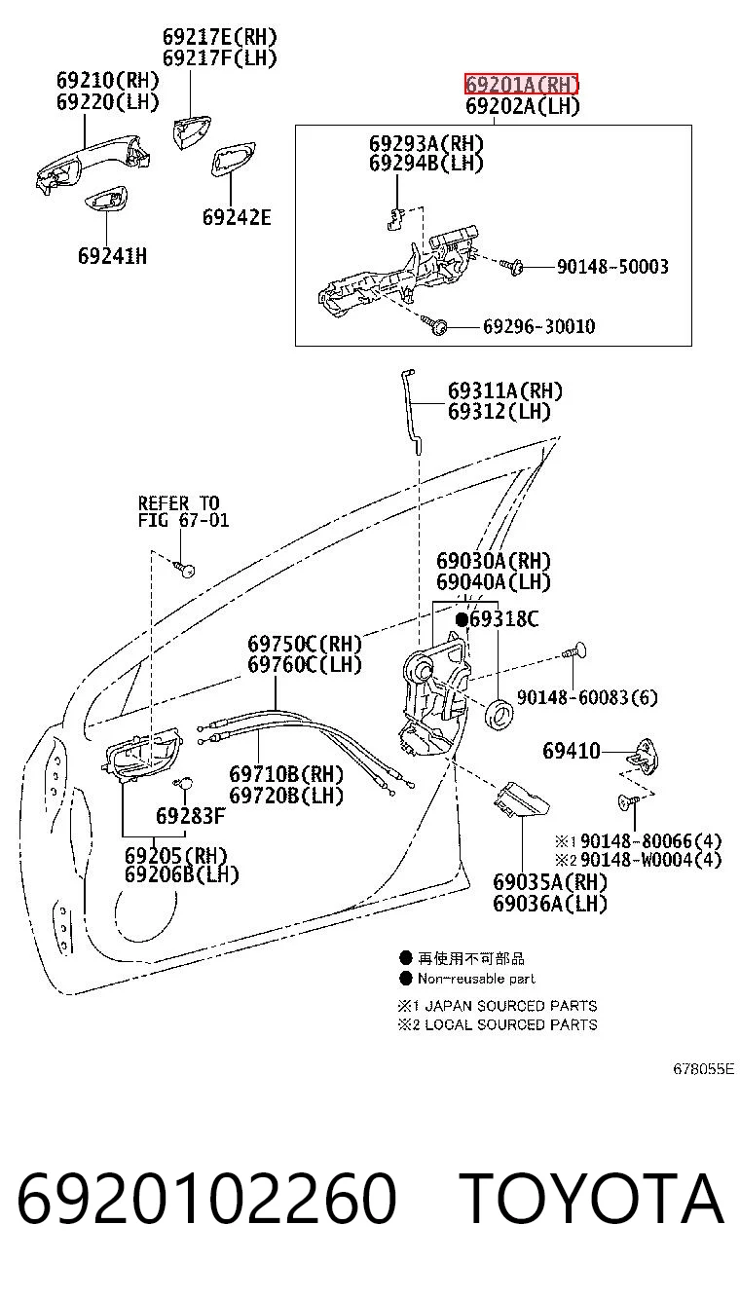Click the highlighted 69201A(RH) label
(x=521, y=85)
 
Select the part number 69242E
(x=237, y=217)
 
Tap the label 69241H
(x=113, y=256)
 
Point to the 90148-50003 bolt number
(x=612, y=266)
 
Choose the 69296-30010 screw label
(x=538, y=326)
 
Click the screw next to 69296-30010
(x=435, y=324)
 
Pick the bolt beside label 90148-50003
(x=512, y=266)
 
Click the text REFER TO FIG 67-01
(x=183, y=511)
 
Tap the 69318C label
(x=504, y=619)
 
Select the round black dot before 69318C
(x=462, y=620)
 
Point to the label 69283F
(x=190, y=816)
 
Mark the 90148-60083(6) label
(x=587, y=697)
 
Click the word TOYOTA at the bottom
(x=592, y=1198)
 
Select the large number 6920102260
(x=206, y=1198)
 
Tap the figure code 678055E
(x=703, y=1068)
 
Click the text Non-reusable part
(x=476, y=979)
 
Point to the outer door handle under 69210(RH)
(x=93, y=163)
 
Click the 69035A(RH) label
(x=550, y=882)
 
